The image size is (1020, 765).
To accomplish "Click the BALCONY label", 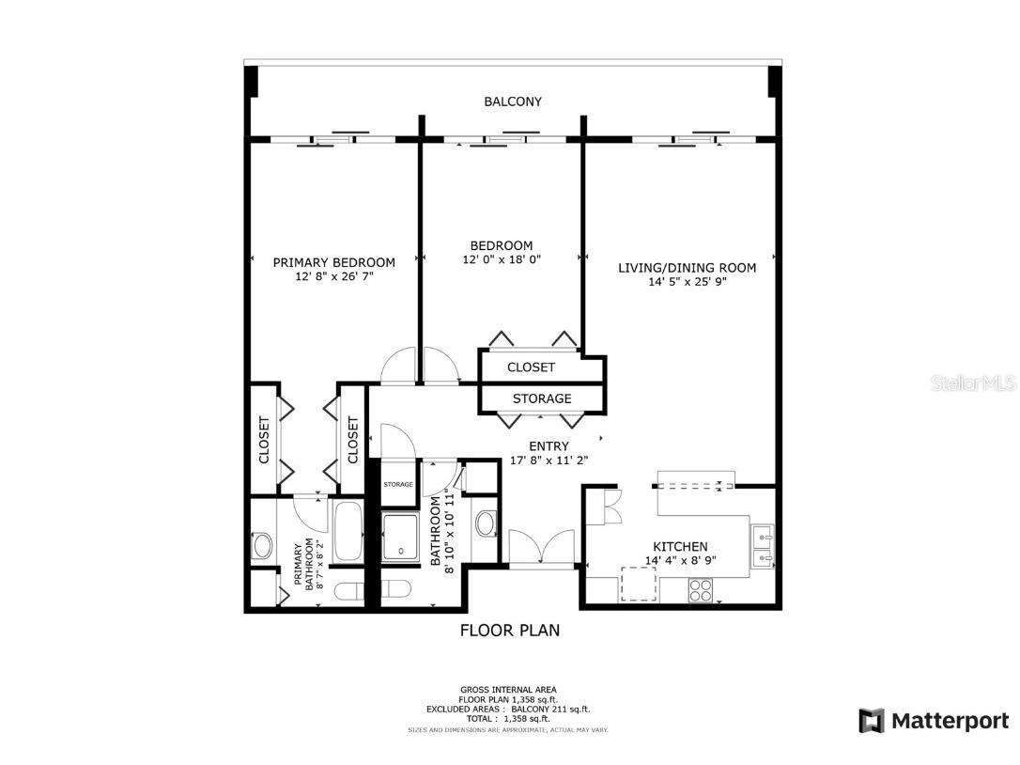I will click(512, 101).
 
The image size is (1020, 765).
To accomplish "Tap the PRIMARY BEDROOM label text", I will click(333, 262).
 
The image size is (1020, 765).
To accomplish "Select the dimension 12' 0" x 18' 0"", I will click(502, 259).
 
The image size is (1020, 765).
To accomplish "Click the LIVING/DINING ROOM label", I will click(687, 268).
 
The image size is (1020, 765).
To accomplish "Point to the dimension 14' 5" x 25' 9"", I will click(687, 281).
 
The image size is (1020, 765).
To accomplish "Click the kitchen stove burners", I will click(701, 590).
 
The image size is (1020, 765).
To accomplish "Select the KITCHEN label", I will click(680, 546).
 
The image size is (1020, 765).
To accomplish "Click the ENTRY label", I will click(549, 446).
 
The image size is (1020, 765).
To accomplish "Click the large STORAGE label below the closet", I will click(542, 398).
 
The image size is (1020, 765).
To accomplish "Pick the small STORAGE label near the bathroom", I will click(398, 484).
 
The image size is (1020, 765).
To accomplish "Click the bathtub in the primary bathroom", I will click(348, 532).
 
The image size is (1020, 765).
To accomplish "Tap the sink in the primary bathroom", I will click(262, 545).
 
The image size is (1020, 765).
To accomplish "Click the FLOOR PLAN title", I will click(510, 631).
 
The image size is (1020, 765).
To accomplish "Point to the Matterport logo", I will click(935, 721).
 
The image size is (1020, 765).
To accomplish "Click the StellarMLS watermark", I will click(973, 383).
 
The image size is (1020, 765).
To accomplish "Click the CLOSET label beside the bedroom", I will click(531, 367).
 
